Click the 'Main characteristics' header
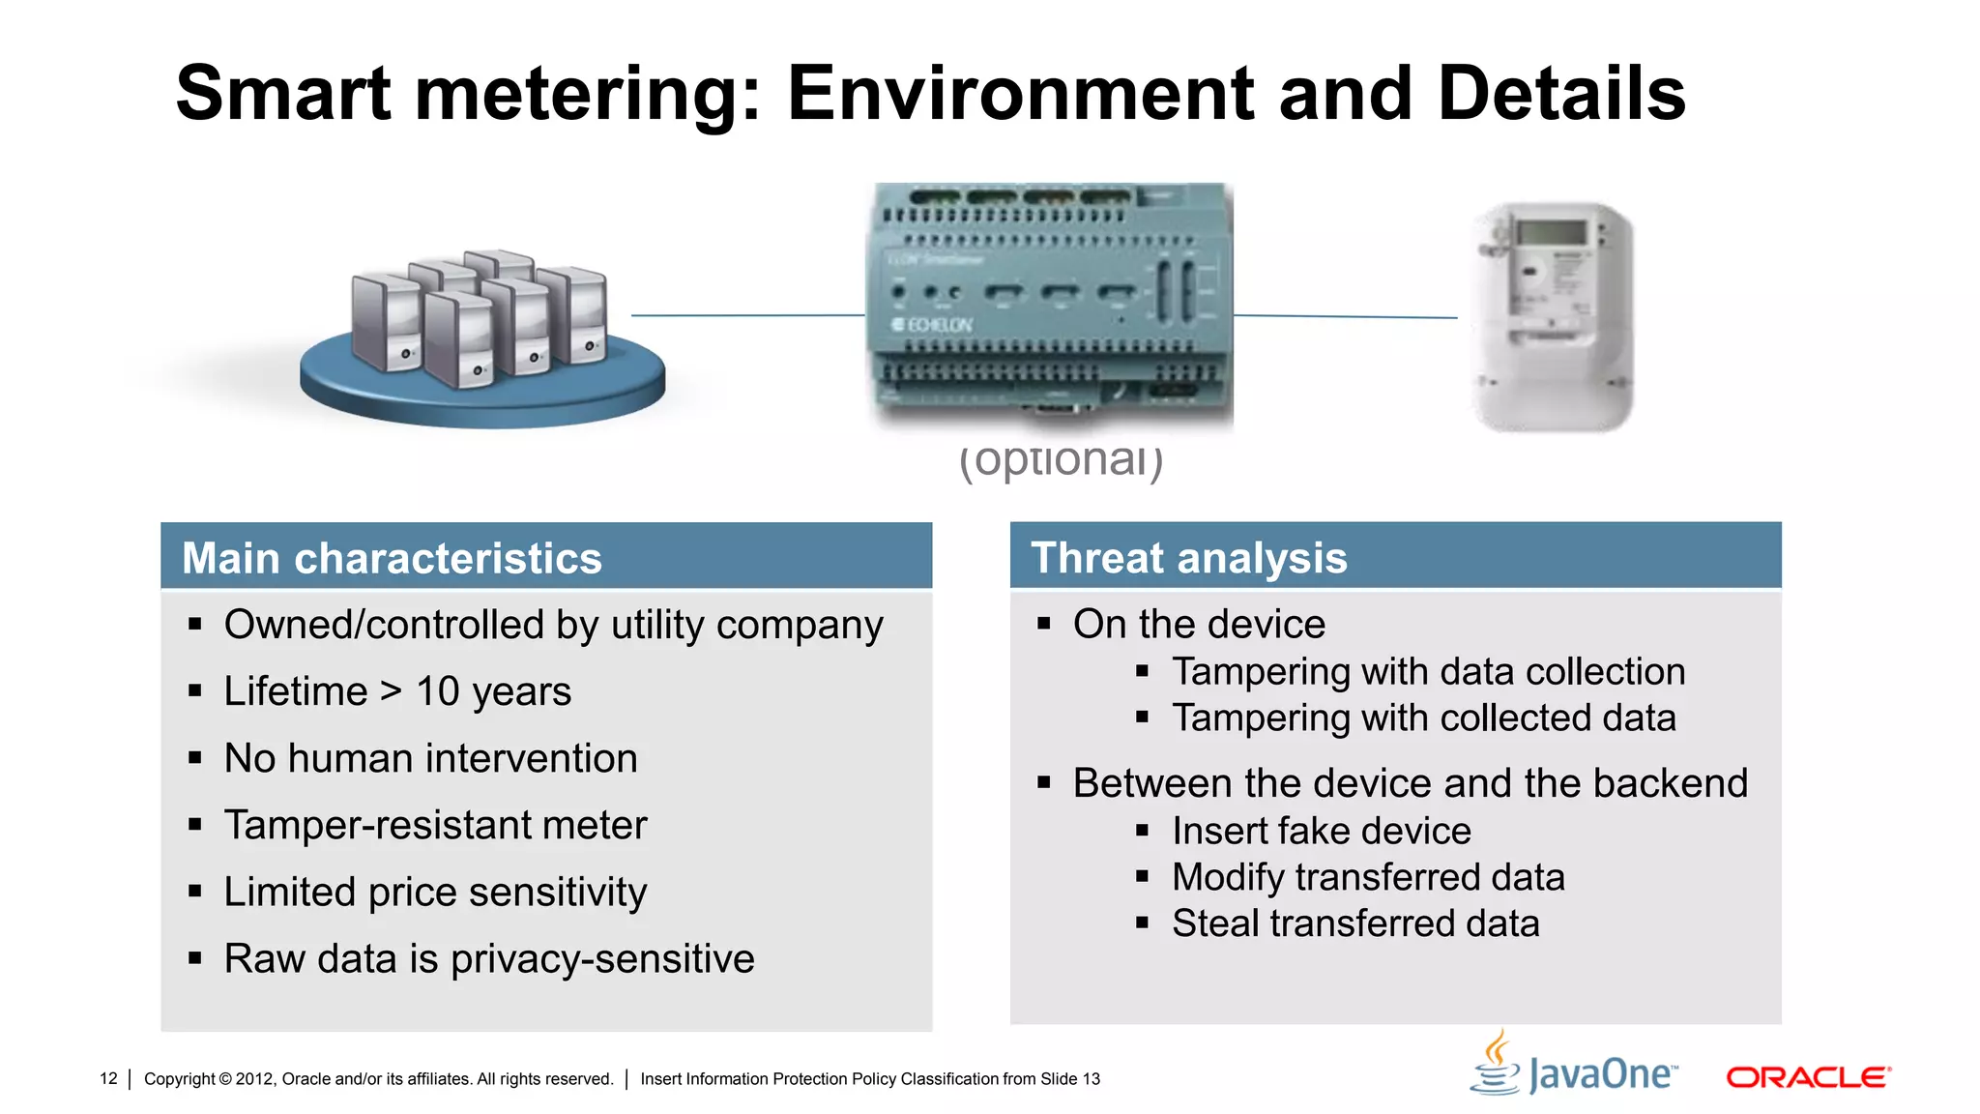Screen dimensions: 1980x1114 [x=392, y=558]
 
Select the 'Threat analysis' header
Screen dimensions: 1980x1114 [x=1188, y=558]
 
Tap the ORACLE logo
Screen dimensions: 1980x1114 [x=1808, y=1077]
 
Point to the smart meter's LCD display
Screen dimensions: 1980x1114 [x=1551, y=232]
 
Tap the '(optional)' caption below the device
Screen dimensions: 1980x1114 [x=1061, y=461]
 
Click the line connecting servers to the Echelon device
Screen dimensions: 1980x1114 [x=747, y=315]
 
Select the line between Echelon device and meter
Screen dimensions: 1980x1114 [x=1345, y=316]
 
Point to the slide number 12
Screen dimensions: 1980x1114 [x=108, y=1078]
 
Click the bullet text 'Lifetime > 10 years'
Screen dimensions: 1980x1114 [x=397, y=691]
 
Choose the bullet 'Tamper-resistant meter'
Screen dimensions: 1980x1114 [x=435, y=825]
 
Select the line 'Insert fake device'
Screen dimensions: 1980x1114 [x=1321, y=831]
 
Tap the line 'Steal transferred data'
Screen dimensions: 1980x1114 [x=1355, y=923]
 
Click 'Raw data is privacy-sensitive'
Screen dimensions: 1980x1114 [x=489, y=958]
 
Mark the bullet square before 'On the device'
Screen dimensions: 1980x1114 [x=1044, y=624]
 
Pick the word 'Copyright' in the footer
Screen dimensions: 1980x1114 [x=179, y=1079]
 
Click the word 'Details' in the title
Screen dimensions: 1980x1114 [x=1561, y=94]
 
